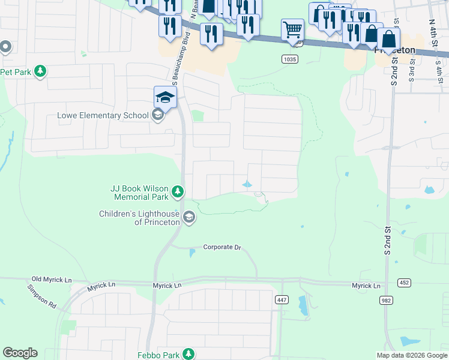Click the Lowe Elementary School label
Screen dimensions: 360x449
tap(102, 115)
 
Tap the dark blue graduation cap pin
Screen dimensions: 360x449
tap(165, 97)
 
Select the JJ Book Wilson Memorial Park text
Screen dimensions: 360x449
tap(139, 192)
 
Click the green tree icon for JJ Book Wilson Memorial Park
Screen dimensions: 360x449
tap(178, 192)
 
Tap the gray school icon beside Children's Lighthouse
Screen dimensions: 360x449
tap(189, 217)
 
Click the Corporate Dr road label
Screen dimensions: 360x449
tap(221, 247)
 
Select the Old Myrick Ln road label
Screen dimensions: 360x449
tap(52, 280)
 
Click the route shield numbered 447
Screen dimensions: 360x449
tap(282, 299)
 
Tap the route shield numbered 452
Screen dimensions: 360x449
tap(403, 282)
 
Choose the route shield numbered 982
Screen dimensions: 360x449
tap(387, 299)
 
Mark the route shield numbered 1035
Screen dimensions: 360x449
tap(289, 58)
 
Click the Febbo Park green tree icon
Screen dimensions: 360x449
tap(188, 354)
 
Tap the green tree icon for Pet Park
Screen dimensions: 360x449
tap(40, 72)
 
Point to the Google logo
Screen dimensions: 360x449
tap(20, 353)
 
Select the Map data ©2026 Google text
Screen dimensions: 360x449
tap(412, 355)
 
